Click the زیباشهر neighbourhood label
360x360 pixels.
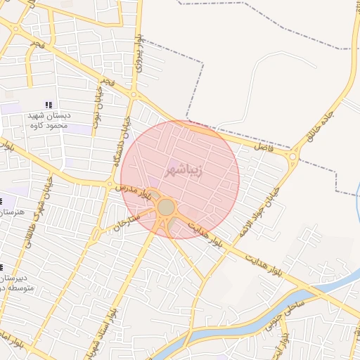click(184, 170)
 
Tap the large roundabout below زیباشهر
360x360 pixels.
click(166, 207)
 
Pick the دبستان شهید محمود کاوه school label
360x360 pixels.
click(48, 120)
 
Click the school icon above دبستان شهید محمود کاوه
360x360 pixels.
click(48, 105)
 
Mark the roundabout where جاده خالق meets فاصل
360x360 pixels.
click(294, 155)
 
